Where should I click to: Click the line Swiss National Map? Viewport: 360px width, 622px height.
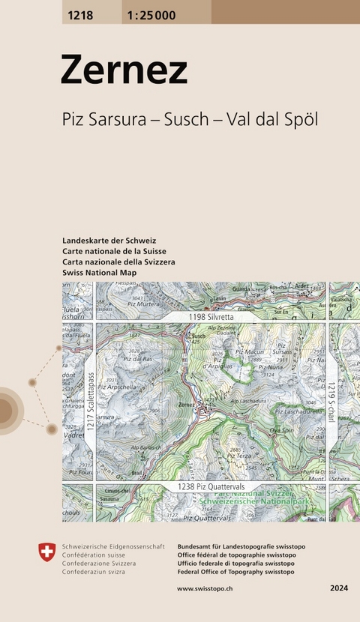tap(100, 274)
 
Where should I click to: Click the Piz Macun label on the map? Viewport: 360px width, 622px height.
tap(250, 351)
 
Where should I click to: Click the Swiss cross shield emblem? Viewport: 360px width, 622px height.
tap(46, 553)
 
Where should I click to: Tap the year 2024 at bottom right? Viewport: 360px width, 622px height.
tap(338, 588)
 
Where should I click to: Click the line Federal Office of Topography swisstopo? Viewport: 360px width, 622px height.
tap(235, 571)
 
